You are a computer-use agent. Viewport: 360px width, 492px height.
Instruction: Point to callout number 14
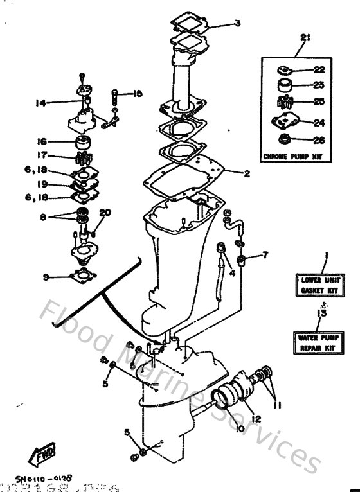click(x=41, y=101)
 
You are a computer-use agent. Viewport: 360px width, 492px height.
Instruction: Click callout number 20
click(x=105, y=213)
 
